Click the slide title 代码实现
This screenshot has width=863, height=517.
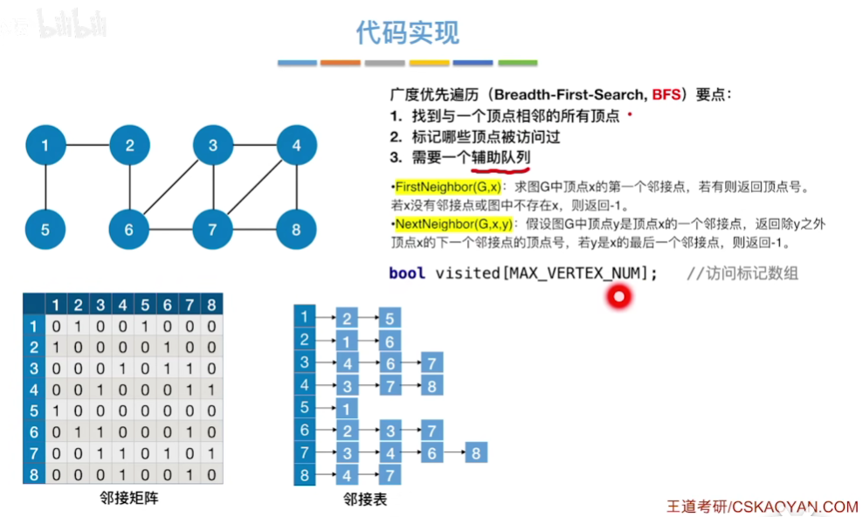(407, 33)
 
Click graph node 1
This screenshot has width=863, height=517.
(45, 146)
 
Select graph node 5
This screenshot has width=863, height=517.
(45, 230)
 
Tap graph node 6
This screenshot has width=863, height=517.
(129, 230)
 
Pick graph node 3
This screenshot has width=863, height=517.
(213, 146)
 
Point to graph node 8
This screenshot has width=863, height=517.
(296, 230)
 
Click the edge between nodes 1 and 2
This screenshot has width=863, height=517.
(87, 146)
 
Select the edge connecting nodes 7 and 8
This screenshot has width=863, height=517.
(255, 230)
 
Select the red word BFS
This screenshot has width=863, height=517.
(666, 94)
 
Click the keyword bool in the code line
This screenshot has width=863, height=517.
(407, 273)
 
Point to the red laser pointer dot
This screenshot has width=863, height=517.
(619, 298)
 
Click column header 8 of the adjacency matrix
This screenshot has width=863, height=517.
(211, 305)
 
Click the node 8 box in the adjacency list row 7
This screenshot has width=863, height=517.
(475, 452)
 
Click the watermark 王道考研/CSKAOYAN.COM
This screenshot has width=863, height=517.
(762, 506)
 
